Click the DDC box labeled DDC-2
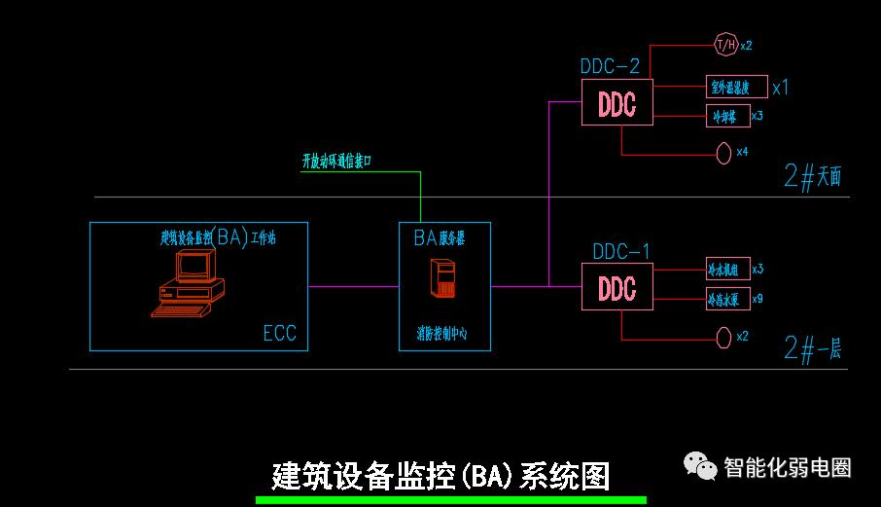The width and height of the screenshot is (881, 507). [617, 102]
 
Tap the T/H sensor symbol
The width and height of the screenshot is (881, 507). [725, 45]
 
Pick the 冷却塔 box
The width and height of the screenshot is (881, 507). [725, 116]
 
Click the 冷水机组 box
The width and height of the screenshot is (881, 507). [727, 269]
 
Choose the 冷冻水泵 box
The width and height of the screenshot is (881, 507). [727, 299]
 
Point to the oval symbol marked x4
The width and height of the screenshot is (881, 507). [723, 153]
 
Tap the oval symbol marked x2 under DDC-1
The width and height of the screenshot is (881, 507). [723, 337]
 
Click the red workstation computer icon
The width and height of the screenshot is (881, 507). [189, 283]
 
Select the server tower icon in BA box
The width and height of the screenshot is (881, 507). [444, 279]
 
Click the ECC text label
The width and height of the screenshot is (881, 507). [279, 334]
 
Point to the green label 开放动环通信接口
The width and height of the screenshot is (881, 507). [351, 161]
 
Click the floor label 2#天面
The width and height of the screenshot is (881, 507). [812, 177]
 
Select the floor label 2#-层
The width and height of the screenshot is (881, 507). [812, 348]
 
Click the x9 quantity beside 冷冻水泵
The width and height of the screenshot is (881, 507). [758, 299]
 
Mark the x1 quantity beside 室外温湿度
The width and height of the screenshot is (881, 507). [781, 88]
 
